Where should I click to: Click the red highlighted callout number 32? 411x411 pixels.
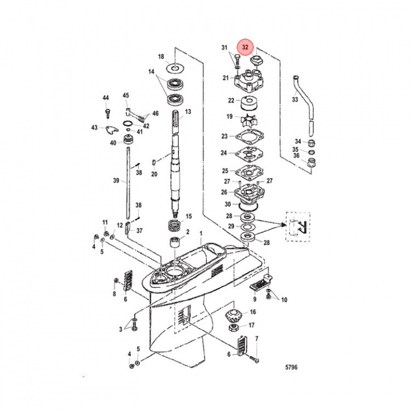(x=246, y=47)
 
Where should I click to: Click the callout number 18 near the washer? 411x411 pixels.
(x=160, y=57)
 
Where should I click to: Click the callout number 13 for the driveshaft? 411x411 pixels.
(x=188, y=111)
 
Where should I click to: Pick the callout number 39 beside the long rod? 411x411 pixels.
(x=116, y=180)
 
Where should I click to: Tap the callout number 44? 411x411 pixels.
(x=106, y=98)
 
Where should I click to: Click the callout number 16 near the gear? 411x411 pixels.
(x=253, y=312)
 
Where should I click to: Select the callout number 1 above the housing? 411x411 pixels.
(x=200, y=234)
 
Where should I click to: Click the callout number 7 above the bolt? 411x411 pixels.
(x=257, y=339)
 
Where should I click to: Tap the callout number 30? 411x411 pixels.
(x=227, y=204)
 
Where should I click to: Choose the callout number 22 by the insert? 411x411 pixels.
(x=231, y=100)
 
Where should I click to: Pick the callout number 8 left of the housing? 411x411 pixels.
(x=114, y=294)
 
